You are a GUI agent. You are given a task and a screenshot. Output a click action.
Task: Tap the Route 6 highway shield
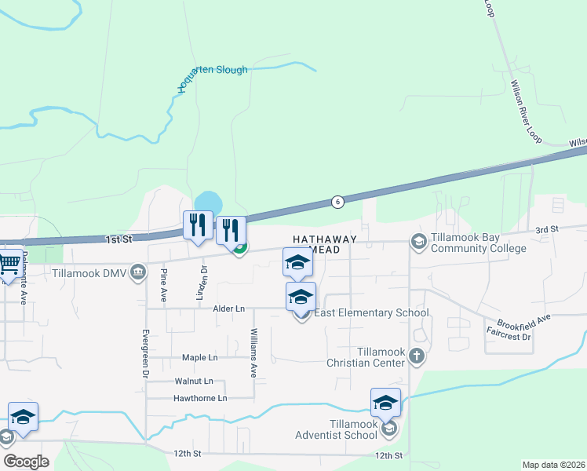pyautogui.click(x=336, y=202)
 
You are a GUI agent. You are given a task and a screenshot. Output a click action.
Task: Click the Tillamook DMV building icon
pyautogui.click(x=138, y=272)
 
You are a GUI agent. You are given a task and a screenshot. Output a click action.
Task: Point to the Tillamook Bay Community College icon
pyautogui.click(x=418, y=242)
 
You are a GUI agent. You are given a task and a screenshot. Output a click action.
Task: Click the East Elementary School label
pyautogui.click(x=371, y=313)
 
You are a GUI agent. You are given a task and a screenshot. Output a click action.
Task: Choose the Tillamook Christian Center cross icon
pyautogui.click(x=416, y=357)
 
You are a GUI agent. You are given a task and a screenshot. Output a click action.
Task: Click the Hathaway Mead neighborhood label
pyautogui.click(x=325, y=244)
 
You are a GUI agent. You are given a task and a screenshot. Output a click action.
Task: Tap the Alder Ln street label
pyautogui.click(x=229, y=309)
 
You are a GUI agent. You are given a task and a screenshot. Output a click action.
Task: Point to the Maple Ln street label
pyautogui.click(x=199, y=358)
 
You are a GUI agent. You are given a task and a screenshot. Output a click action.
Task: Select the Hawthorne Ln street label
pyautogui.click(x=200, y=399)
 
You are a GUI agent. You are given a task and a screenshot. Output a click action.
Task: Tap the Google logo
pyautogui.click(x=26, y=462)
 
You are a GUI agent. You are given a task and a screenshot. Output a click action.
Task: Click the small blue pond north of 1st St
pyautogui.click(x=206, y=202)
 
